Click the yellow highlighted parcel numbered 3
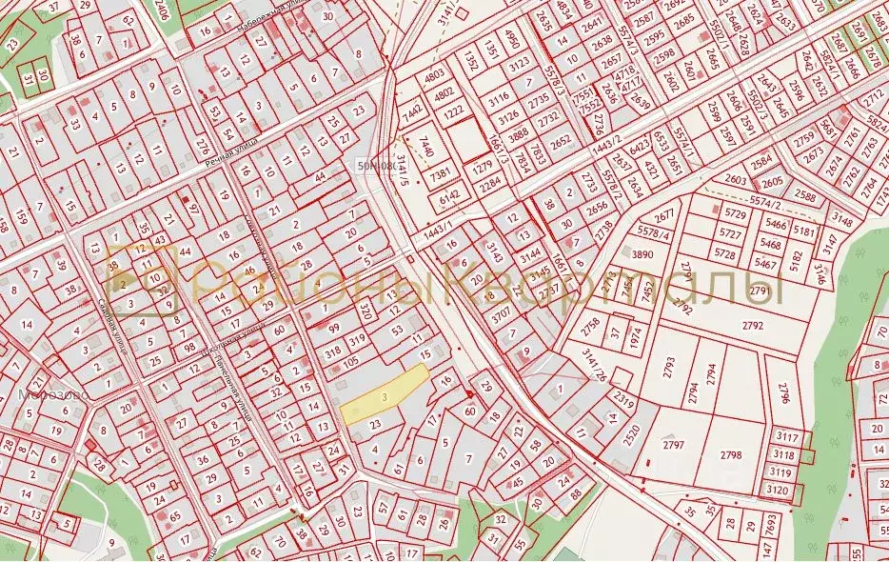point(383,394)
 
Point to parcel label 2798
point(731,455)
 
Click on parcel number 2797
point(674,445)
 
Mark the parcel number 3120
point(780,489)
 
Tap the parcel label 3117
point(787,437)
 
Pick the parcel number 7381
point(440,173)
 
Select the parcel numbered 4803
point(435,72)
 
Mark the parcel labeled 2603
point(736,179)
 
